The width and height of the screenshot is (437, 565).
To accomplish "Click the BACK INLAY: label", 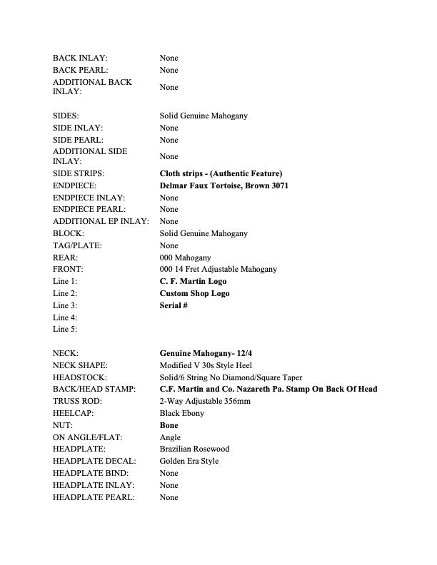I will pos(79,58).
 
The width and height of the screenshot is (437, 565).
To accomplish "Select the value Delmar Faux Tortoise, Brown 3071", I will pos(224,185).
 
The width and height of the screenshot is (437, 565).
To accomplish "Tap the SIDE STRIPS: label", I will pos(79,173).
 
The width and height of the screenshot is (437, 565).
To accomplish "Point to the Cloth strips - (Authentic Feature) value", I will pos(221,173).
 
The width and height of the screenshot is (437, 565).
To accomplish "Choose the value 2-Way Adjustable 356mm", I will pos(206,401).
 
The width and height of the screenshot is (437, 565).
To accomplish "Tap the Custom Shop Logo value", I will pos(195,293).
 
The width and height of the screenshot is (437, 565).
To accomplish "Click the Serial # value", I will pos(174,305).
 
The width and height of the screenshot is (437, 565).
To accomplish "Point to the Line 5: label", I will pos(65,330).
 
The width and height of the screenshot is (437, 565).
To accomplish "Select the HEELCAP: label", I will pos(74,413).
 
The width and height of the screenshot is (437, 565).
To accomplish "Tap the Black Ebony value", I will pos(182,413).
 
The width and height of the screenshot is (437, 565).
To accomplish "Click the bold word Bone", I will pos(169,425).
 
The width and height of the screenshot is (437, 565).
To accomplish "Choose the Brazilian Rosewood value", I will pos(194,449).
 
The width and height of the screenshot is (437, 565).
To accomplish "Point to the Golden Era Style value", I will pos(189,462).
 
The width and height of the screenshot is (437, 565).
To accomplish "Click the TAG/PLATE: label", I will pos(77,245).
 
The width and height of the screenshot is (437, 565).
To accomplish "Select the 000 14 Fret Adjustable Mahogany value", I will pos(218,269).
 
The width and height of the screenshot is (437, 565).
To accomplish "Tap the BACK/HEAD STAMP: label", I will pos(96,389).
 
